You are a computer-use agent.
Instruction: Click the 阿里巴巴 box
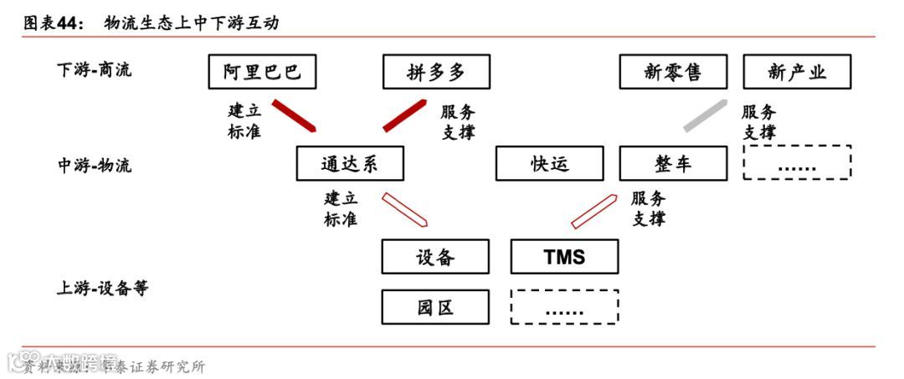tap(262, 72)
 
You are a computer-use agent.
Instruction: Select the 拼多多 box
tap(435, 72)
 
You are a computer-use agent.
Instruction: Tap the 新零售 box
tap(673, 72)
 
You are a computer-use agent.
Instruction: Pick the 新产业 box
tap(797, 72)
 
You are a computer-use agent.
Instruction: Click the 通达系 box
tap(349, 163)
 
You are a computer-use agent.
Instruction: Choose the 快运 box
tap(549, 163)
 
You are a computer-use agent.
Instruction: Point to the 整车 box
tap(673, 163)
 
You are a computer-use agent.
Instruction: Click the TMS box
tap(564, 257)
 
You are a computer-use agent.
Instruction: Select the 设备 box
tap(435, 257)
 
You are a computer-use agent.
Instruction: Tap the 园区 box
tap(435, 307)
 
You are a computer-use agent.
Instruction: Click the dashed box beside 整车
tap(797, 163)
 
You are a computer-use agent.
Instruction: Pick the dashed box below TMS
tap(564, 307)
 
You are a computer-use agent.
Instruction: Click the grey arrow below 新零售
tap(705, 115)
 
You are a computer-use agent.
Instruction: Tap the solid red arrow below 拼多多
tap(405, 115)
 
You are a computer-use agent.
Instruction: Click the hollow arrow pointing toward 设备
tap(405, 209)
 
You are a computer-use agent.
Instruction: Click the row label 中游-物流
tap(94, 165)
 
